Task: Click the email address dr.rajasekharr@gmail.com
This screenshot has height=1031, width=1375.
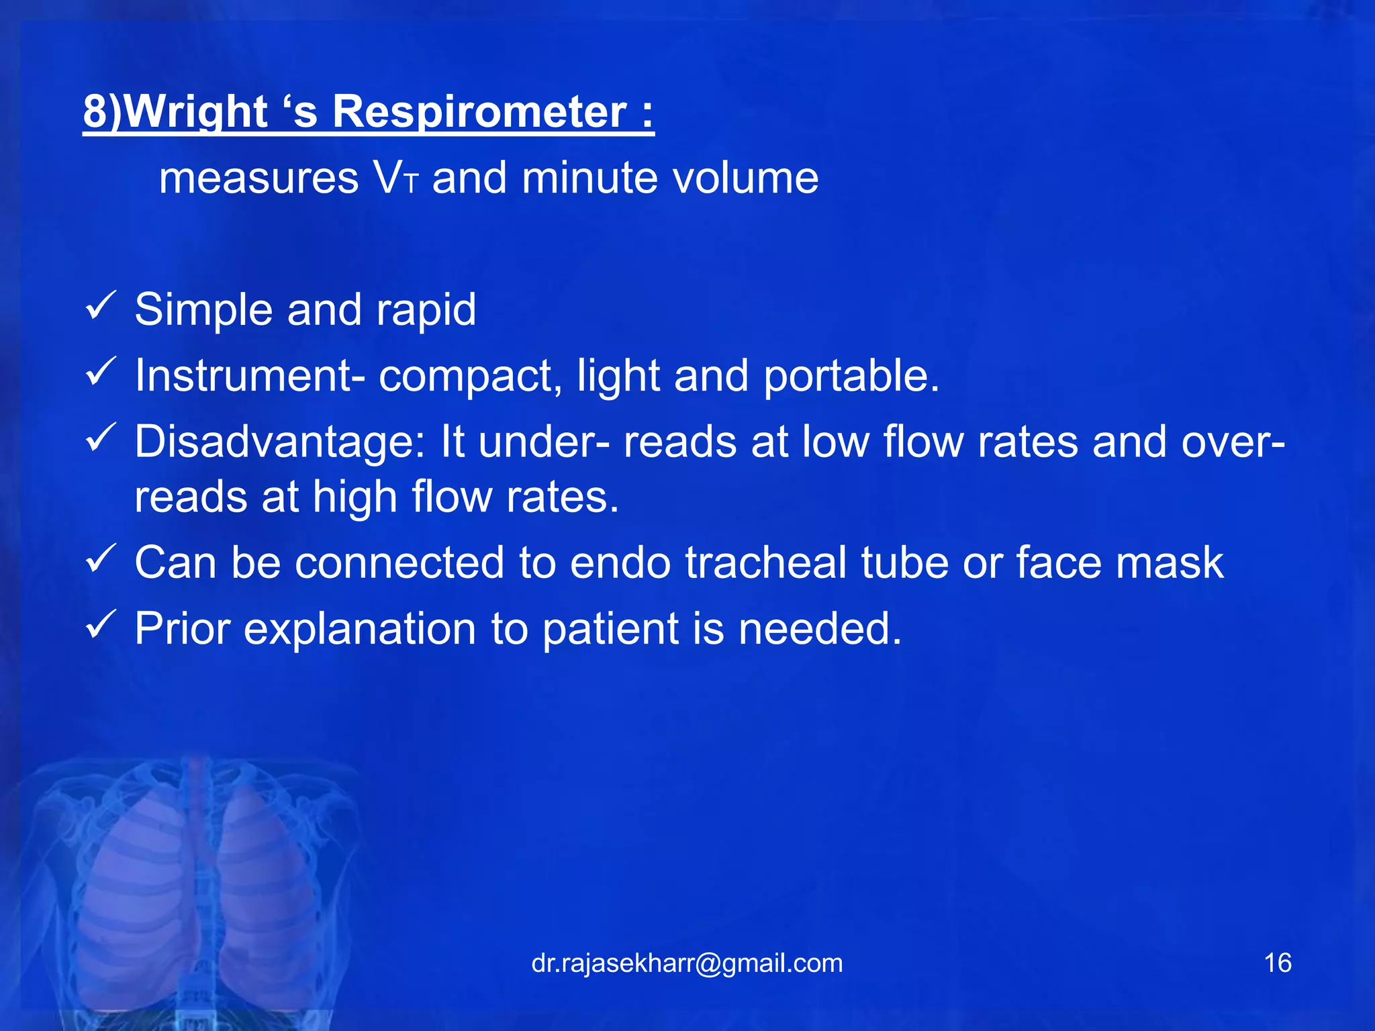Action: [x=687, y=963]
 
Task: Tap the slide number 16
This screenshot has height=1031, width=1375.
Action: [x=1277, y=963]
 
